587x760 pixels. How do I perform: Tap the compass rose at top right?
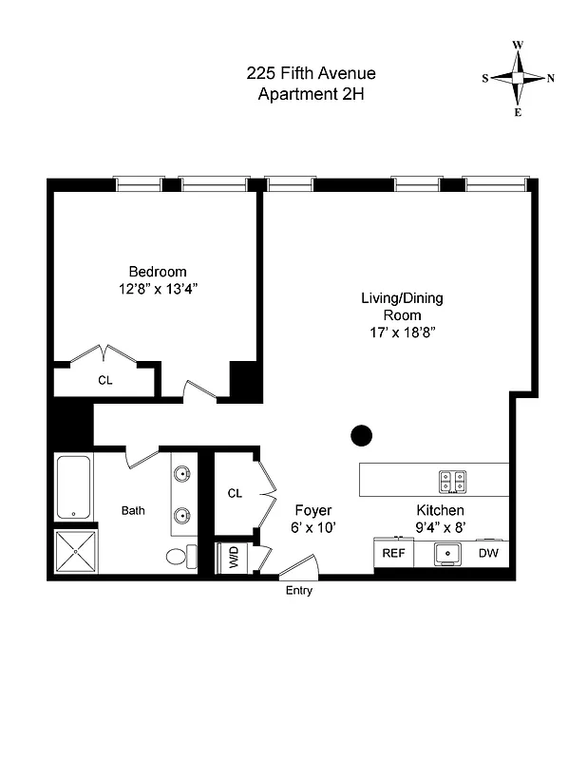519,79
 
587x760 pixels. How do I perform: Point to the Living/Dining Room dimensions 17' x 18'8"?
401,332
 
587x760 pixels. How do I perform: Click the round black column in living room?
362,435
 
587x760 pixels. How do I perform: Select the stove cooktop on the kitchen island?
452,481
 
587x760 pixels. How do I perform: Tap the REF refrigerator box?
393,553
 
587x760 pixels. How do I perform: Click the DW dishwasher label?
488,553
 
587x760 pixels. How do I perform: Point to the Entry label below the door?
298,591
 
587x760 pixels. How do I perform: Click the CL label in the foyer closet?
235,493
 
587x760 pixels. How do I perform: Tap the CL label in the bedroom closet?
104,380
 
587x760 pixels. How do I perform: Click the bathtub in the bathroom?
73,487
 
